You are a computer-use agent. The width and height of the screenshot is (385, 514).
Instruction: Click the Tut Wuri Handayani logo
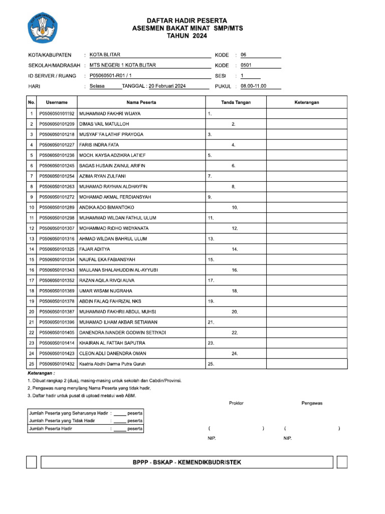pos(42,28)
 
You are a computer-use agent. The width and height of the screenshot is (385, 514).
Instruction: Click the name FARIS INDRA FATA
pos(99,145)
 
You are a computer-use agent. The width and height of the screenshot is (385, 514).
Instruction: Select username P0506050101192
pos(57,114)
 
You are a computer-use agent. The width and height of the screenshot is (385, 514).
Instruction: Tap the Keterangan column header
pos(306,102)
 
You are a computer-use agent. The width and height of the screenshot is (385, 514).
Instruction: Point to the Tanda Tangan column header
pos(236,102)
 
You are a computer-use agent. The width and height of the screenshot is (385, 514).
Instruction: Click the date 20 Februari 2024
pos(167,86)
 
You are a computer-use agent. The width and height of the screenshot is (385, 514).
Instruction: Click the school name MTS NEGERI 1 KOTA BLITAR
pos(123,65)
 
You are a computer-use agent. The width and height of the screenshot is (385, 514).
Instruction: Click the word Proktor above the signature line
pos(236,403)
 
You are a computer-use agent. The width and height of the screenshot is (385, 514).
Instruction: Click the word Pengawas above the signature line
pos(312,403)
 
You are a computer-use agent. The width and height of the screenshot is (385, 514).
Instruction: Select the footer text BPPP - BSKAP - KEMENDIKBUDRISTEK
pos(186,462)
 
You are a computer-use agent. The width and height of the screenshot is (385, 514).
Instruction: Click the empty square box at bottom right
pos(342,462)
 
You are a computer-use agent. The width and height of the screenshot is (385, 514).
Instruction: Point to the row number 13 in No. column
pos(31,239)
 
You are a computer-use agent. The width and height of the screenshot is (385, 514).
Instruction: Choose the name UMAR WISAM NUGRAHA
pos(106,291)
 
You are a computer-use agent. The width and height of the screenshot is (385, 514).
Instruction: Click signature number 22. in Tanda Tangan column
pos(235,333)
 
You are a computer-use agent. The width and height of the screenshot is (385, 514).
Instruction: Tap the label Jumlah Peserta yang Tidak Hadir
pos(62,421)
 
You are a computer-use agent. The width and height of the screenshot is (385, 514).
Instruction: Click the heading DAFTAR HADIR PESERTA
pos(187,21)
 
